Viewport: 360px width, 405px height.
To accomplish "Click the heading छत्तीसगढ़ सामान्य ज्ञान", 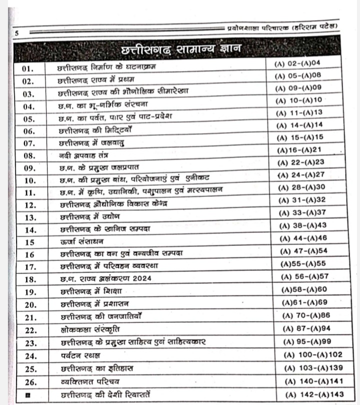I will (x=181, y=50).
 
